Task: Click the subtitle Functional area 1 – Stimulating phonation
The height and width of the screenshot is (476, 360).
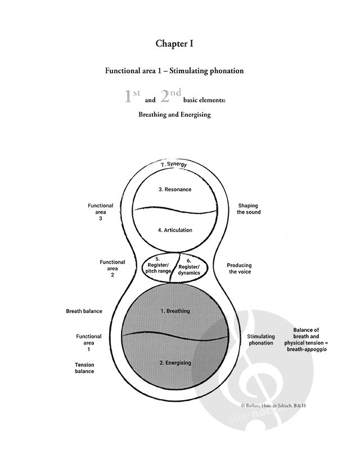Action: (x=174, y=71)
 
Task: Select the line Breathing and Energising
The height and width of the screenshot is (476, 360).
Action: (x=174, y=114)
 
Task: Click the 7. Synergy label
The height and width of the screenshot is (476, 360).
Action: (x=173, y=165)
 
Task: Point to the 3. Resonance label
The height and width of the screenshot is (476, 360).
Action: (x=175, y=189)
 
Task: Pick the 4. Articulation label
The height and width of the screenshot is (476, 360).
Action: (x=175, y=230)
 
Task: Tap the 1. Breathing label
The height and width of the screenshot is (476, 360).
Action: (x=175, y=311)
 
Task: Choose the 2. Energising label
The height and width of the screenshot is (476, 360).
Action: (x=175, y=362)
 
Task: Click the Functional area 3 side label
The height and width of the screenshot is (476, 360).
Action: (x=100, y=212)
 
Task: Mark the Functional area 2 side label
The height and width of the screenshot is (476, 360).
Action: (x=112, y=268)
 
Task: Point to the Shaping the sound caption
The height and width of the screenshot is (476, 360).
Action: (x=249, y=208)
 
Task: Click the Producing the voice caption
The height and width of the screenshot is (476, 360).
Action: (x=240, y=268)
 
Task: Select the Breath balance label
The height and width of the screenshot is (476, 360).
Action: (x=84, y=311)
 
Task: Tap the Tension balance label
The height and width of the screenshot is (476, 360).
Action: (x=84, y=368)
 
